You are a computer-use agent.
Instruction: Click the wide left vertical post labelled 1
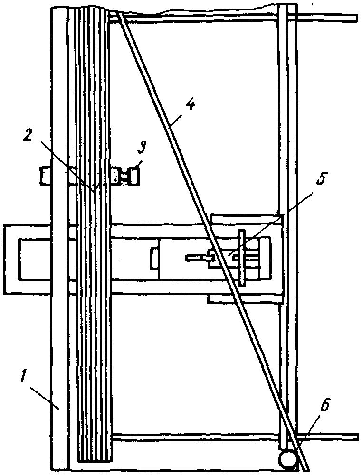coord(58,285)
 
